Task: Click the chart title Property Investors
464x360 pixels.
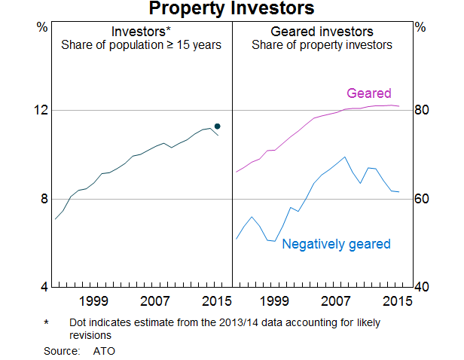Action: pyautogui.click(x=231, y=9)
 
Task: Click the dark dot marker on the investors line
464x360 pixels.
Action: pyautogui.click(x=218, y=126)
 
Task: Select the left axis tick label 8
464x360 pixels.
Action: pyautogui.click(x=43, y=199)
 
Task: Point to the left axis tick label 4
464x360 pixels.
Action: pyautogui.click(x=43, y=288)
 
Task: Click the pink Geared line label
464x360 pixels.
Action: pyautogui.click(x=368, y=94)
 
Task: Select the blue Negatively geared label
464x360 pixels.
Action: pyautogui.click(x=336, y=244)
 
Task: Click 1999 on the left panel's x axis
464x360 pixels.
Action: pyautogui.click(x=93, y=301)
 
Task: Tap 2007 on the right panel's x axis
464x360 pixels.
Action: pyautogui.click(x=337, y=301)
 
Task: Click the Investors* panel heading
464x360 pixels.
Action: pyautogui.click(x=141, y=32)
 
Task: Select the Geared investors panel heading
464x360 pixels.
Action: pyautogui.click(x=322, y=32)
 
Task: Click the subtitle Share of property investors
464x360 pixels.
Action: pyautogui.click(x=322, y=45)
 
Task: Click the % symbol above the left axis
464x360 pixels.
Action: pyautogui.click(x=42, y=26)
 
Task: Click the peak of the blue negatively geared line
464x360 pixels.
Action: pyautogui.click(x=344, y=157)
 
